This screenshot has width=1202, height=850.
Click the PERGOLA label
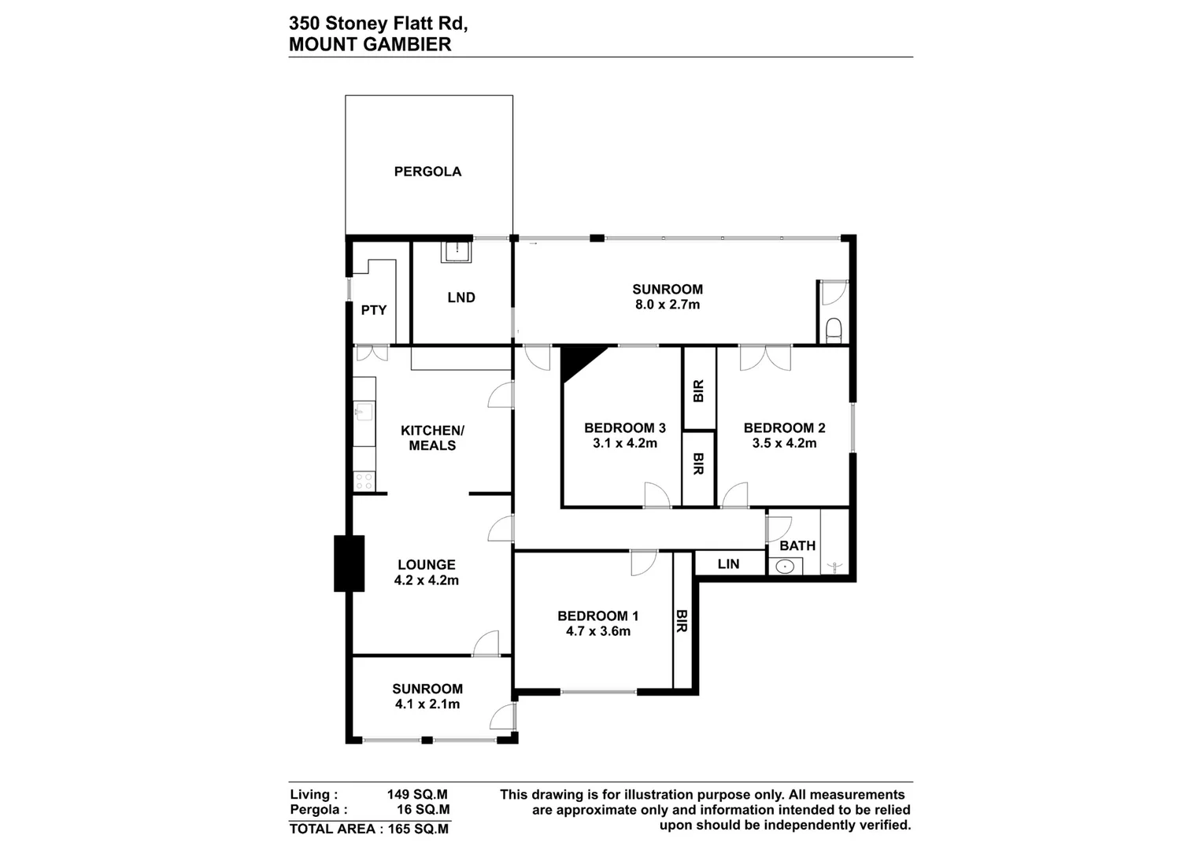tap(427, 172)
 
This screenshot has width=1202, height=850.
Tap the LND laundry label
tap(461, 297)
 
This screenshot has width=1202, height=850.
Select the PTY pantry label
tap(374, 310)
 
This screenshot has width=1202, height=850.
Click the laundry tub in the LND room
tap(457, 252)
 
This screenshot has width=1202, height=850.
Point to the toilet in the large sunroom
tap(834, 327)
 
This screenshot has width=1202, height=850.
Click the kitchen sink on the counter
tap(363, 412)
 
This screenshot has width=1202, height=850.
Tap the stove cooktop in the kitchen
tap(364, 481)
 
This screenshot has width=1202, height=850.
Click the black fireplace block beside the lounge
tap(350, 563)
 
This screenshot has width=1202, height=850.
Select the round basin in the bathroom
tap(784, 566)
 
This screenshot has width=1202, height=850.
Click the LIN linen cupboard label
tap(729, 564)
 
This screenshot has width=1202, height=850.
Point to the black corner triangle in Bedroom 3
tap(579, 360)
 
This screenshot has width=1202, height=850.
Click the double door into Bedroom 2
tap(765, 358)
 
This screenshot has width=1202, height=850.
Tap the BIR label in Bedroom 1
tap(682, 621)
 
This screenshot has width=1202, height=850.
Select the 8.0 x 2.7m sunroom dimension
tap(668, 305)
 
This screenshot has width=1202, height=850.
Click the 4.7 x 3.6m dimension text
tap(598, 631)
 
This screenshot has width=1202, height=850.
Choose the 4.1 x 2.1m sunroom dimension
tap(427, 704)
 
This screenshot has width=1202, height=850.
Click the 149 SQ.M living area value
tap(417, 795)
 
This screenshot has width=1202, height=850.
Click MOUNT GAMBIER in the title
tap(370, 44)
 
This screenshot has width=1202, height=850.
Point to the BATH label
tap(797, 545)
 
